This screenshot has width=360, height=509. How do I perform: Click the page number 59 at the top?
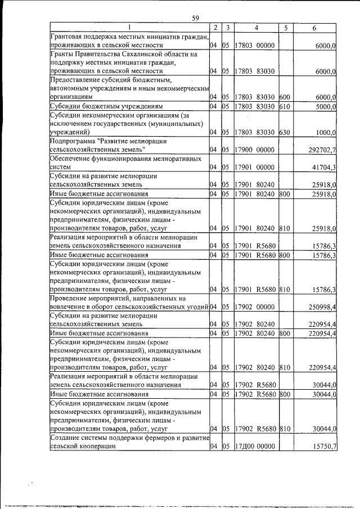coord(195,18)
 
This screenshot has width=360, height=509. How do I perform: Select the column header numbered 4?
coord(255,28)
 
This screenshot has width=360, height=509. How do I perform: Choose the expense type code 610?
coord(285,106)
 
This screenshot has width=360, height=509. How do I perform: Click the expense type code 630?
coord(285,132)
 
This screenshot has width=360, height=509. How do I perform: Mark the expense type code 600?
coord(285,97)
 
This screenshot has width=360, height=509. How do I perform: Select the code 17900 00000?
coord(255,150)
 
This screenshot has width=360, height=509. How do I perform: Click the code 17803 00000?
coord(255,44)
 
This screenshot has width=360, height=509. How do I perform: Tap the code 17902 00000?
coord(255,306)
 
